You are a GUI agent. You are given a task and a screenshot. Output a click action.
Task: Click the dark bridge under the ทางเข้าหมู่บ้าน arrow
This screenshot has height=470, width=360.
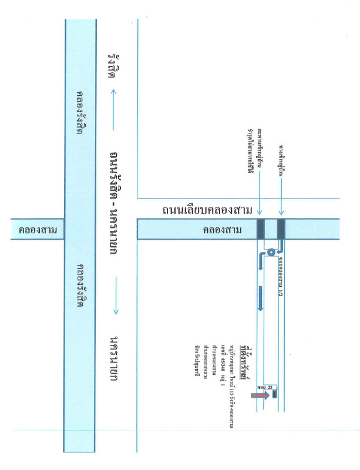coord(281,229)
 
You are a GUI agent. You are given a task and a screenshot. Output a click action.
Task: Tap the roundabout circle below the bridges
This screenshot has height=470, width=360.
coord(270,252)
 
